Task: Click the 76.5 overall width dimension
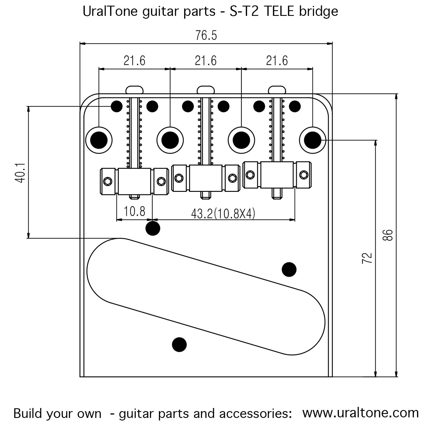point(206,36)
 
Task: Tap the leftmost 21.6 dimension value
point(134,61)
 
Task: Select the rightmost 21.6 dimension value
point(277,61)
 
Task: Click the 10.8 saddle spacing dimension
point(134,211)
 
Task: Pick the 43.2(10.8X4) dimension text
point(223,214)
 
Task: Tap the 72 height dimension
point(367,258)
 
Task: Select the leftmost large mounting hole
point(99,140)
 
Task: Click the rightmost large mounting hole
point(313,140)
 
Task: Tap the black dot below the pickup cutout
point(179,345)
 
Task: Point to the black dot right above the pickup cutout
point(289,269)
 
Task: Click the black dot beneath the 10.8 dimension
point(153,228)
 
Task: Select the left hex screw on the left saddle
point(108,181)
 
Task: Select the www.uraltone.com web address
point(360,413)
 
